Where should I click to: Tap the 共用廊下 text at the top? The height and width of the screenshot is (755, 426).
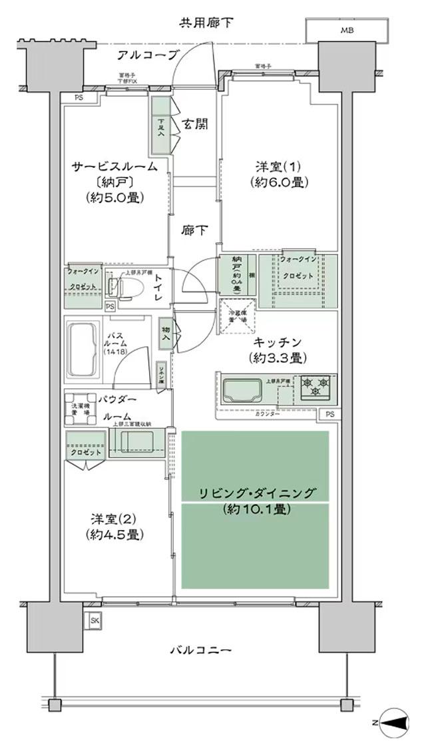tap(206, 23)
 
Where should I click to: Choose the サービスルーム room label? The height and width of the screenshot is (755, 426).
tap(115, 167)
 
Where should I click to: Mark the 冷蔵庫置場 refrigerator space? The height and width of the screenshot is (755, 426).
tap(236, 319)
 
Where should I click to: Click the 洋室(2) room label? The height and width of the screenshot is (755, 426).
tap(115, 525)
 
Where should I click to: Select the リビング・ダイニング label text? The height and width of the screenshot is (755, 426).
tap(256, 493)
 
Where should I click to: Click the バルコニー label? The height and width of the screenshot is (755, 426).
tap(200, 650)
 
